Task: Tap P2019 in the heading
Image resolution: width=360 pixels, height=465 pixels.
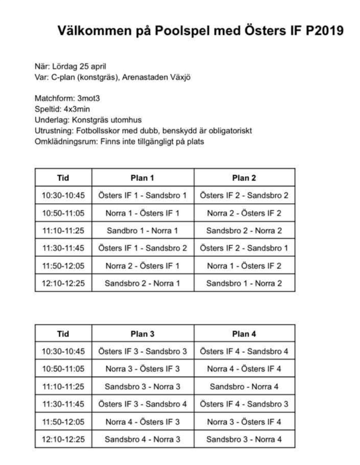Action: click(x=324, y=31)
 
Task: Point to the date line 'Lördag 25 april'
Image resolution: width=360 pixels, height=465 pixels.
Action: click(x=79, y=66)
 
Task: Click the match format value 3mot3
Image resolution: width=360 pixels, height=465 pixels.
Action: click(x=88, y=98)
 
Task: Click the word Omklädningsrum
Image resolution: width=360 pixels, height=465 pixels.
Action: click(x=66, y=141)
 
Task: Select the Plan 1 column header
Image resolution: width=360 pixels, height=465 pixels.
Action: click(x=142, y=178)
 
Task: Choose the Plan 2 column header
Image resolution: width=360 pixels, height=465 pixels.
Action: click(x=244, y=178)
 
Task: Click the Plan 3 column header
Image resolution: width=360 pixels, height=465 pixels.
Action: click(x=142, y=334)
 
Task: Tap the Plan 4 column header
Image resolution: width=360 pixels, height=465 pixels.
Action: click(x=244, y=334)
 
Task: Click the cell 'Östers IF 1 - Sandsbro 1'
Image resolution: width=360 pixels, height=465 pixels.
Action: click(x=142, y=196)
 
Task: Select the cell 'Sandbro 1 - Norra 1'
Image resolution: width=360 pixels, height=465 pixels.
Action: click(x=142, y=231)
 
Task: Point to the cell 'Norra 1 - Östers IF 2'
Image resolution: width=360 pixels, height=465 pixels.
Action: click(x=244, y=266)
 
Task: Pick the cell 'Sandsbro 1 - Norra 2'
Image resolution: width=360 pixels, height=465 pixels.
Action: click(x=244, y=283)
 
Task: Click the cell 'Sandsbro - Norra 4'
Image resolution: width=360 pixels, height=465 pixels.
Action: click(x=244, y=386)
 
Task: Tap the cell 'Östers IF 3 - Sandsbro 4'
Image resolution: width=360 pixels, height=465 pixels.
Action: click(x=142, y=404)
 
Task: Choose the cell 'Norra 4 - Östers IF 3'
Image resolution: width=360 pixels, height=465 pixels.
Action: click(x=142, y=422)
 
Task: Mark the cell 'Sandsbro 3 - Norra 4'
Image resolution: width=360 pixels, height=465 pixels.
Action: click(x=244, y=439)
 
